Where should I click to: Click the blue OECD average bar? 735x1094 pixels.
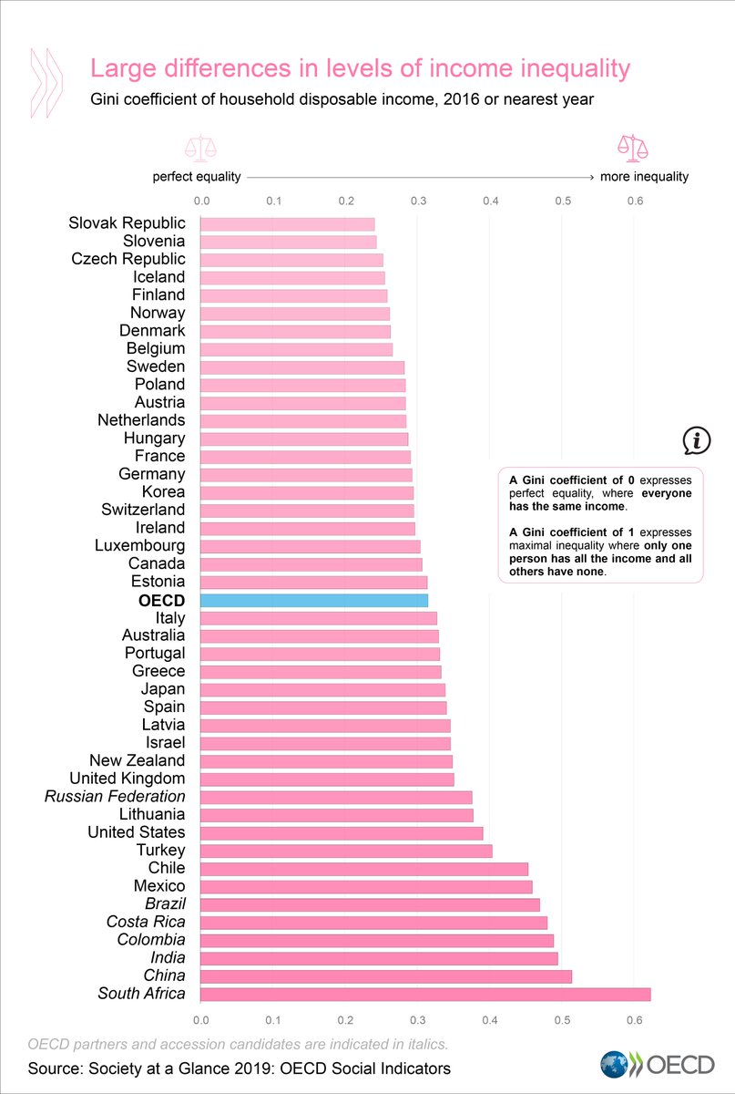coord(313,600)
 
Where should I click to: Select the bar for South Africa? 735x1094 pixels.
coord(424,994)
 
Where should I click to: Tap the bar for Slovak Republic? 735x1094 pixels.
coord(287,223)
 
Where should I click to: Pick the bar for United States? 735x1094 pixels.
coord(341,832)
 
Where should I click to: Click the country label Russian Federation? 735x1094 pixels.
coord(115,796)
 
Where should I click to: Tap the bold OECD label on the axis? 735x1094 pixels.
coord(161,600)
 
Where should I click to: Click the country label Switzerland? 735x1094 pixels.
coord(143,510)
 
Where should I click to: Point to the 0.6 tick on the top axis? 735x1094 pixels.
coord(634,201)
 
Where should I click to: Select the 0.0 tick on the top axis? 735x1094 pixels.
coord(201,201)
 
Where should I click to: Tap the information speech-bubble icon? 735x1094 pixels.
coord(696,441)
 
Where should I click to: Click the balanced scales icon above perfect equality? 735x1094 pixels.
coord(197,147)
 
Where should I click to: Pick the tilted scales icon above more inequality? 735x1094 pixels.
coord(629,146)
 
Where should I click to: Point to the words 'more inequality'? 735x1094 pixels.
coord(645,177)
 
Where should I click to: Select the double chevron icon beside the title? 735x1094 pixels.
coord(46,82)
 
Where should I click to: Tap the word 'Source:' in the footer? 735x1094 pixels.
coord(56,1068)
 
